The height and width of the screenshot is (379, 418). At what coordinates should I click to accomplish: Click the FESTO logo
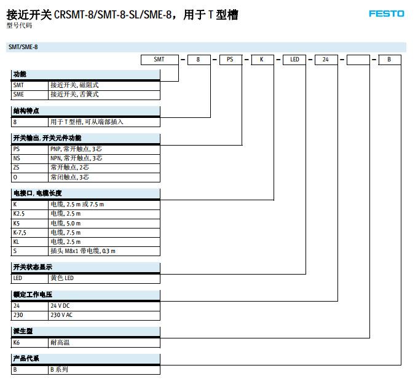387,13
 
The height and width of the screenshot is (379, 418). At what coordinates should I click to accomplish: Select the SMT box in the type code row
159,60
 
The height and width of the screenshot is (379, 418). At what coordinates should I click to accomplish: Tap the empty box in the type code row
358,60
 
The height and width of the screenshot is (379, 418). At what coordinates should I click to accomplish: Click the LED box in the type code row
295,60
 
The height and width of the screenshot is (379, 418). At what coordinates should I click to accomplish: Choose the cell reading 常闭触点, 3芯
69,177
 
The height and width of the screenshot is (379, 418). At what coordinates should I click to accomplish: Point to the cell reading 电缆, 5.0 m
65,223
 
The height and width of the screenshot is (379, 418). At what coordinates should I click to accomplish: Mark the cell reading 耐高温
60,342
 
